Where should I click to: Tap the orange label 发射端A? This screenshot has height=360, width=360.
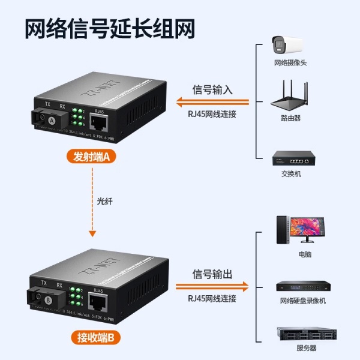(x=91, y=158)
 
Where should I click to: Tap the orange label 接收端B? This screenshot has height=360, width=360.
(x=91, y=337)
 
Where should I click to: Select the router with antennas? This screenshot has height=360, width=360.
(x=290, y=97)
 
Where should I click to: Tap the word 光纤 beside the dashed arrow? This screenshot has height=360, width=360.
(x=105, y=202)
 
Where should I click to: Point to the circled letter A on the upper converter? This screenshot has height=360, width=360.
(x=52, y=121)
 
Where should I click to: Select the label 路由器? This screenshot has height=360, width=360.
(x=290, y=119)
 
